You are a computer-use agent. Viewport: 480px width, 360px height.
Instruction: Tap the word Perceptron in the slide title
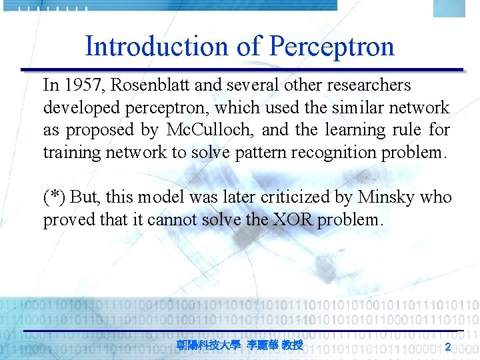[x=332, y=47]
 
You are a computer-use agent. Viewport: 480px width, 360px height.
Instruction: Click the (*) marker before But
[x=54, y=197]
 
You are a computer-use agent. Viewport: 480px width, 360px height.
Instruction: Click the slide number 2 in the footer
[x=448, y=346]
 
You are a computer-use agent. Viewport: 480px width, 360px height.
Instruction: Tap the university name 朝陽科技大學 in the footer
[x=209, y=345]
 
